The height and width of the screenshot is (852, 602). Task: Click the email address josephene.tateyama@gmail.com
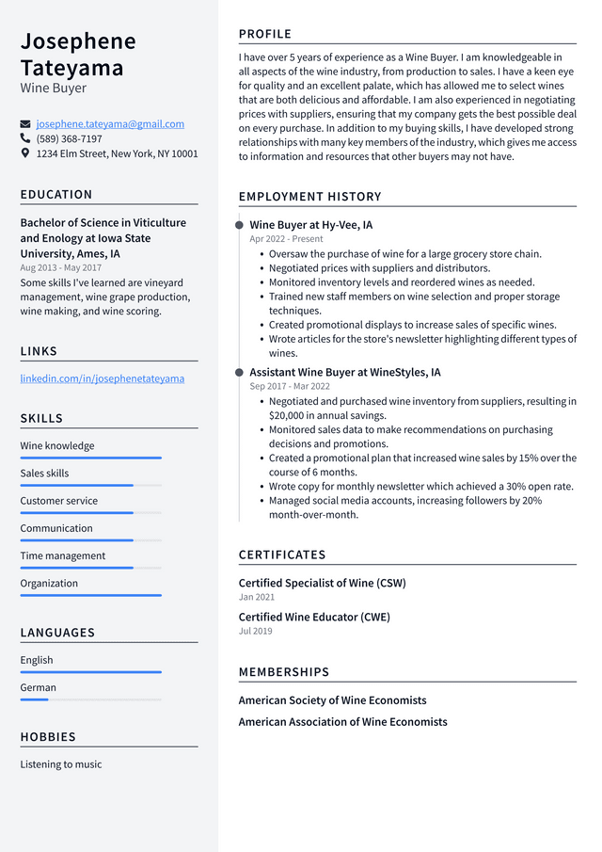[x=110, y=124]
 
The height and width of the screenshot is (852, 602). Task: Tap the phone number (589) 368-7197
[x=69, y=138]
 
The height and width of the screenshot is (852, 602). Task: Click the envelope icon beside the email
[x=25, y=124]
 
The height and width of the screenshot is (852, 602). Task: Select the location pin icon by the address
[x=25, y=153]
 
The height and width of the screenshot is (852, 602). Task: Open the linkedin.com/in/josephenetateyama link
[x=102, y=378]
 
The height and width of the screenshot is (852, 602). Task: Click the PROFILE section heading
[x=265, y=34]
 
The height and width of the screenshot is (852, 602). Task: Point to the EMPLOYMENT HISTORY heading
[x=309, y=197]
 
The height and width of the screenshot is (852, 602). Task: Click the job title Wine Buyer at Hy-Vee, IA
[x=310, y=225]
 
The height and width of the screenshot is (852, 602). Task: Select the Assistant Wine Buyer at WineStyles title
[x=344, y=373]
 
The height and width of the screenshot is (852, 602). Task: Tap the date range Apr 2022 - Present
[x=286, y=239]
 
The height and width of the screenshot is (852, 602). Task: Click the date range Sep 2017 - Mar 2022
[x=289, y=386]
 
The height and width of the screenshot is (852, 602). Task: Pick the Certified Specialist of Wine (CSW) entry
[x=322, y=583]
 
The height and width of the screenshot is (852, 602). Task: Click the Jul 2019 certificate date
[x=255, y=631]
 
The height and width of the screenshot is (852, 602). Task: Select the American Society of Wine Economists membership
[x=332, y=700]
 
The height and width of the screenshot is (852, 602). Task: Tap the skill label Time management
[x=63, y=555]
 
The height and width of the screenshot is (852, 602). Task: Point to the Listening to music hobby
[x=61, y=764]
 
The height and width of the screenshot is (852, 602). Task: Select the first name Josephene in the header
[x=78, y=41]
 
